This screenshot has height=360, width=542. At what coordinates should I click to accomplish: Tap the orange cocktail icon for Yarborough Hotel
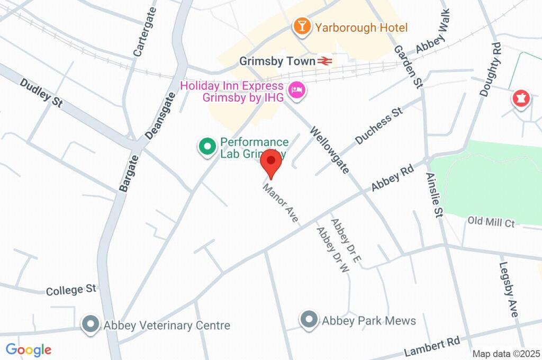tap(302, 26)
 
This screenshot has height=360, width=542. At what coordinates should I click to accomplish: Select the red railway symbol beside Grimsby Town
tap(325, 61)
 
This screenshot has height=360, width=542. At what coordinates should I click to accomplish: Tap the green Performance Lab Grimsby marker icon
tap(206, 147)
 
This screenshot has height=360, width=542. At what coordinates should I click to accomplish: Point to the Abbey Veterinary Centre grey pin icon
tap(91, 325)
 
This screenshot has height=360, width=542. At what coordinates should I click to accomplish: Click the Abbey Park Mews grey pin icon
tap(308, 320)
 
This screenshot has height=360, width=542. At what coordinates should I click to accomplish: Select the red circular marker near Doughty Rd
tap(521, 98)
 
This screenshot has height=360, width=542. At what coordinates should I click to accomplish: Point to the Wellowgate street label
tap(330, 150)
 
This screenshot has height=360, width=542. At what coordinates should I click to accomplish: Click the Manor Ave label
tap(281, 203)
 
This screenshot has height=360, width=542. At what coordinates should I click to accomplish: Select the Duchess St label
tap(379, 125)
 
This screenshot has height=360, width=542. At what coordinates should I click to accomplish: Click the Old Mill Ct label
tap(491, 222)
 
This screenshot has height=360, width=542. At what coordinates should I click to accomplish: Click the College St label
tap(71, 290)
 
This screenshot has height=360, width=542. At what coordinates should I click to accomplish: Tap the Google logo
tap(29, 350)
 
